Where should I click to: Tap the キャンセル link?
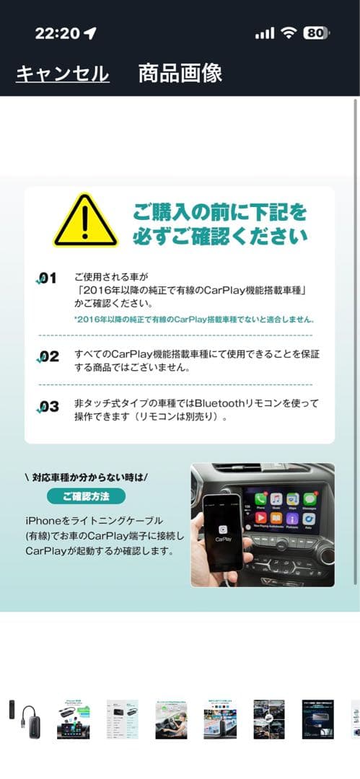coord(63,74)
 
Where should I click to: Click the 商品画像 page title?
coord(180,73)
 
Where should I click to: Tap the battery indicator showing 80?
coord(315,32)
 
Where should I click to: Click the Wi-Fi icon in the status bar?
coord(289,32)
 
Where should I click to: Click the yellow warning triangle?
coord(85,221)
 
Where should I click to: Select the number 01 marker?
coord(47,279)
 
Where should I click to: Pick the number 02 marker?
coord(48,356)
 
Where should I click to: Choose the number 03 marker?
coord(48,407)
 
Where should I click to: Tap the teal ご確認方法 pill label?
coord(86,496)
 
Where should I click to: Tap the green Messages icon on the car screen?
coord(310,498)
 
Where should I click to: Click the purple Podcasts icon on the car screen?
coord(292,519)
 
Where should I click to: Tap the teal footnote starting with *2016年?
coord(193,319)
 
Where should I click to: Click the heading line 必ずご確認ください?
coord(220,236)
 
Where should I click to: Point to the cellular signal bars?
coord(265,33)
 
